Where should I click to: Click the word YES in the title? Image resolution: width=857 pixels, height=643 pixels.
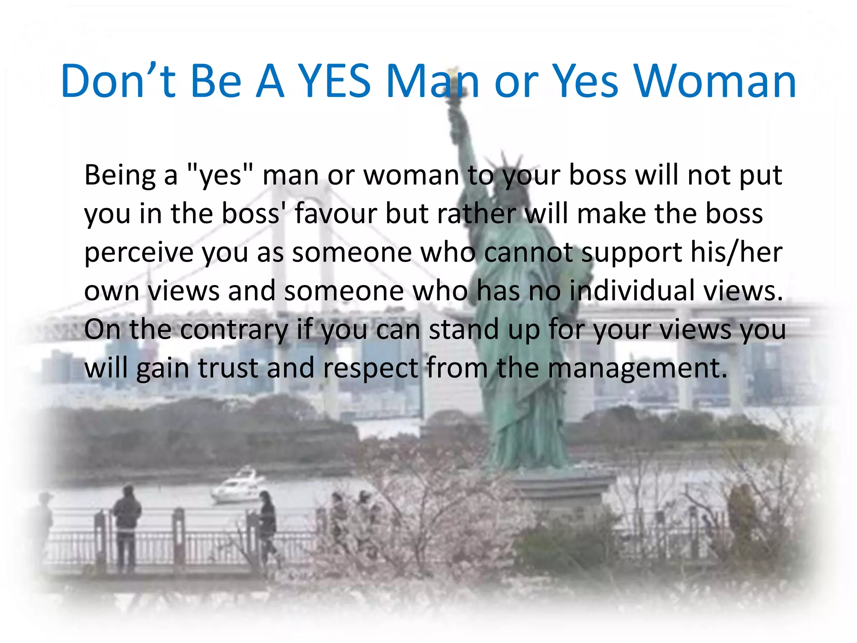coord(336,82)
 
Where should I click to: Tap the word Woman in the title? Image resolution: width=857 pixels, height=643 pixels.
coord(714,82)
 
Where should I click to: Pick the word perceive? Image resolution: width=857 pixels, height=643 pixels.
coord(138,253)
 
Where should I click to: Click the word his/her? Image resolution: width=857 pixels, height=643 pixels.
coord(736,252)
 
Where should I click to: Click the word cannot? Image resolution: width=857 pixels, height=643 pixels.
coord(529,253)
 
